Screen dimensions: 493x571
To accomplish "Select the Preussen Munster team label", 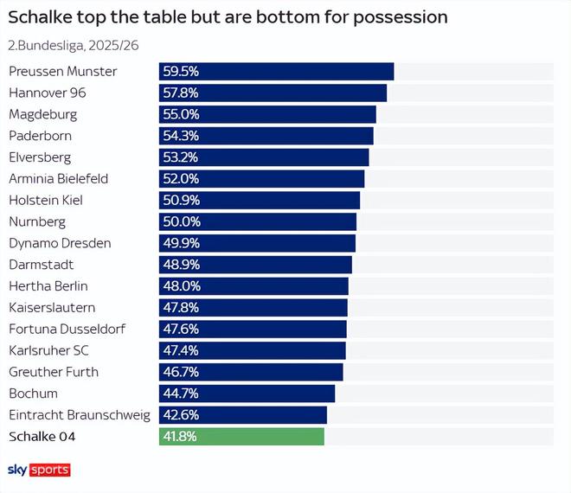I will [x=62, y=71].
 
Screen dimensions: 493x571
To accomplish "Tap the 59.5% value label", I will [x=180, y=71].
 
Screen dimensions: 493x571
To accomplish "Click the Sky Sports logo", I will [x=39, y=470].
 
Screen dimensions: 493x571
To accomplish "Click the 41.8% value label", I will [x=180, y=437].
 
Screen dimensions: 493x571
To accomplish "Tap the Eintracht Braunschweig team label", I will [x=80, y=415].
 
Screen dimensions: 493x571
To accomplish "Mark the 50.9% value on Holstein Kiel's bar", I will [x=180, y=200].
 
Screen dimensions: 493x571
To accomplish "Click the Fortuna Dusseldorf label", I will [x=67, y=329].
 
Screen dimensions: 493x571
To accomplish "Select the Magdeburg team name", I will [x=42, y=114].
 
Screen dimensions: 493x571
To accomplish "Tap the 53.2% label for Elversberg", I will [x=180, y=157].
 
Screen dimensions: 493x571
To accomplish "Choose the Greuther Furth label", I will [x=54, y=372].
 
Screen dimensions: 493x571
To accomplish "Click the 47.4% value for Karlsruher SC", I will [x=180, y=350].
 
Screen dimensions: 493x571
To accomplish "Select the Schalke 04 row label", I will [x=42, y=437].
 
